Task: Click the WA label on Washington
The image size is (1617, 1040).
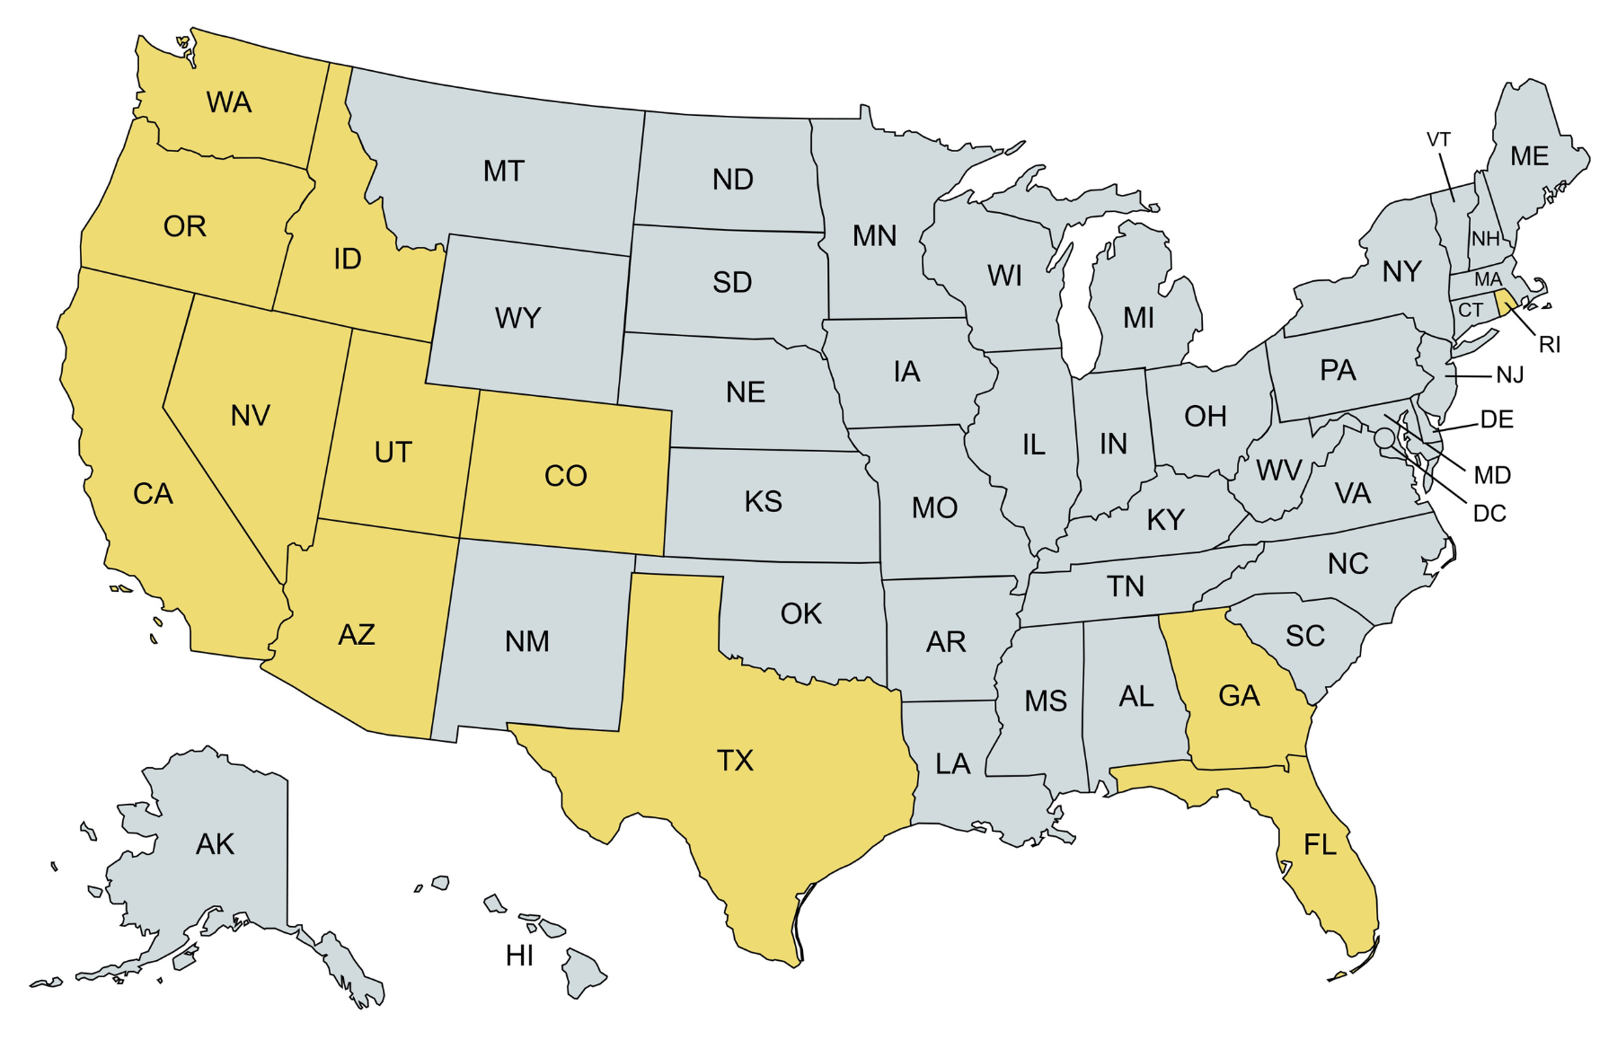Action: pos(229,102)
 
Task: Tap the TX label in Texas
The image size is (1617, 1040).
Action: pos(735,761)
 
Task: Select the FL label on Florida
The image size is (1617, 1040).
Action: pos(1320,844)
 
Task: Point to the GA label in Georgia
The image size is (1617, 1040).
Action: pos(1239,696)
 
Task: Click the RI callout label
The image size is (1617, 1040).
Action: pos(1550,345)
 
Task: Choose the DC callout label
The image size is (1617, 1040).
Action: pos(1489,514)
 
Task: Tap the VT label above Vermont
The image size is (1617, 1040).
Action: pos(1438,140)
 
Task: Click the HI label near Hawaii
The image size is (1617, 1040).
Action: pos(519,956)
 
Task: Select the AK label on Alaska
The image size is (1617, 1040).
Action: pos(215,844)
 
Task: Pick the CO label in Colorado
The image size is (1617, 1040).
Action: pos(566,476)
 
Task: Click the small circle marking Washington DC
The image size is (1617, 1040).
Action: pos(1384,438)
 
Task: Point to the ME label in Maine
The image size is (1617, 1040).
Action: pos(1529,156)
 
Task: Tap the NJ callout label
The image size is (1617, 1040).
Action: pos(1510,375)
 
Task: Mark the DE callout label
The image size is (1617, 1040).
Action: pos(1497,419)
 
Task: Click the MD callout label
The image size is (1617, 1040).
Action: pos(1492,475)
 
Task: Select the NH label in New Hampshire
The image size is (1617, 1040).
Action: pos(1486,239)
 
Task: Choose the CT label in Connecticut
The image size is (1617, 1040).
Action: pos(1471,311)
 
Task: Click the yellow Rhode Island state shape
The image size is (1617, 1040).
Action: pos(1505,303)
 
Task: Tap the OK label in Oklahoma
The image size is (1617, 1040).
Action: pos(800,614)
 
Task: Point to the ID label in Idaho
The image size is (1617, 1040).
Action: pos(348,260)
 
